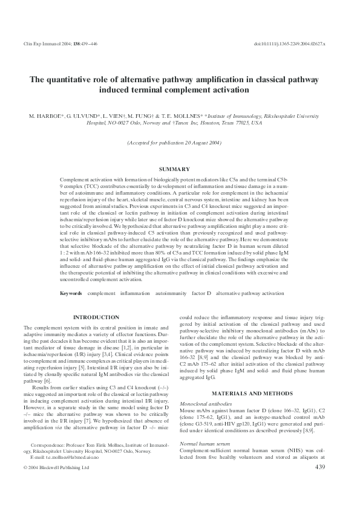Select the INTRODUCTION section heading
coord(96,317)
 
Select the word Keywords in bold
coord(71,293)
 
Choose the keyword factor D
coord(201,293)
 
